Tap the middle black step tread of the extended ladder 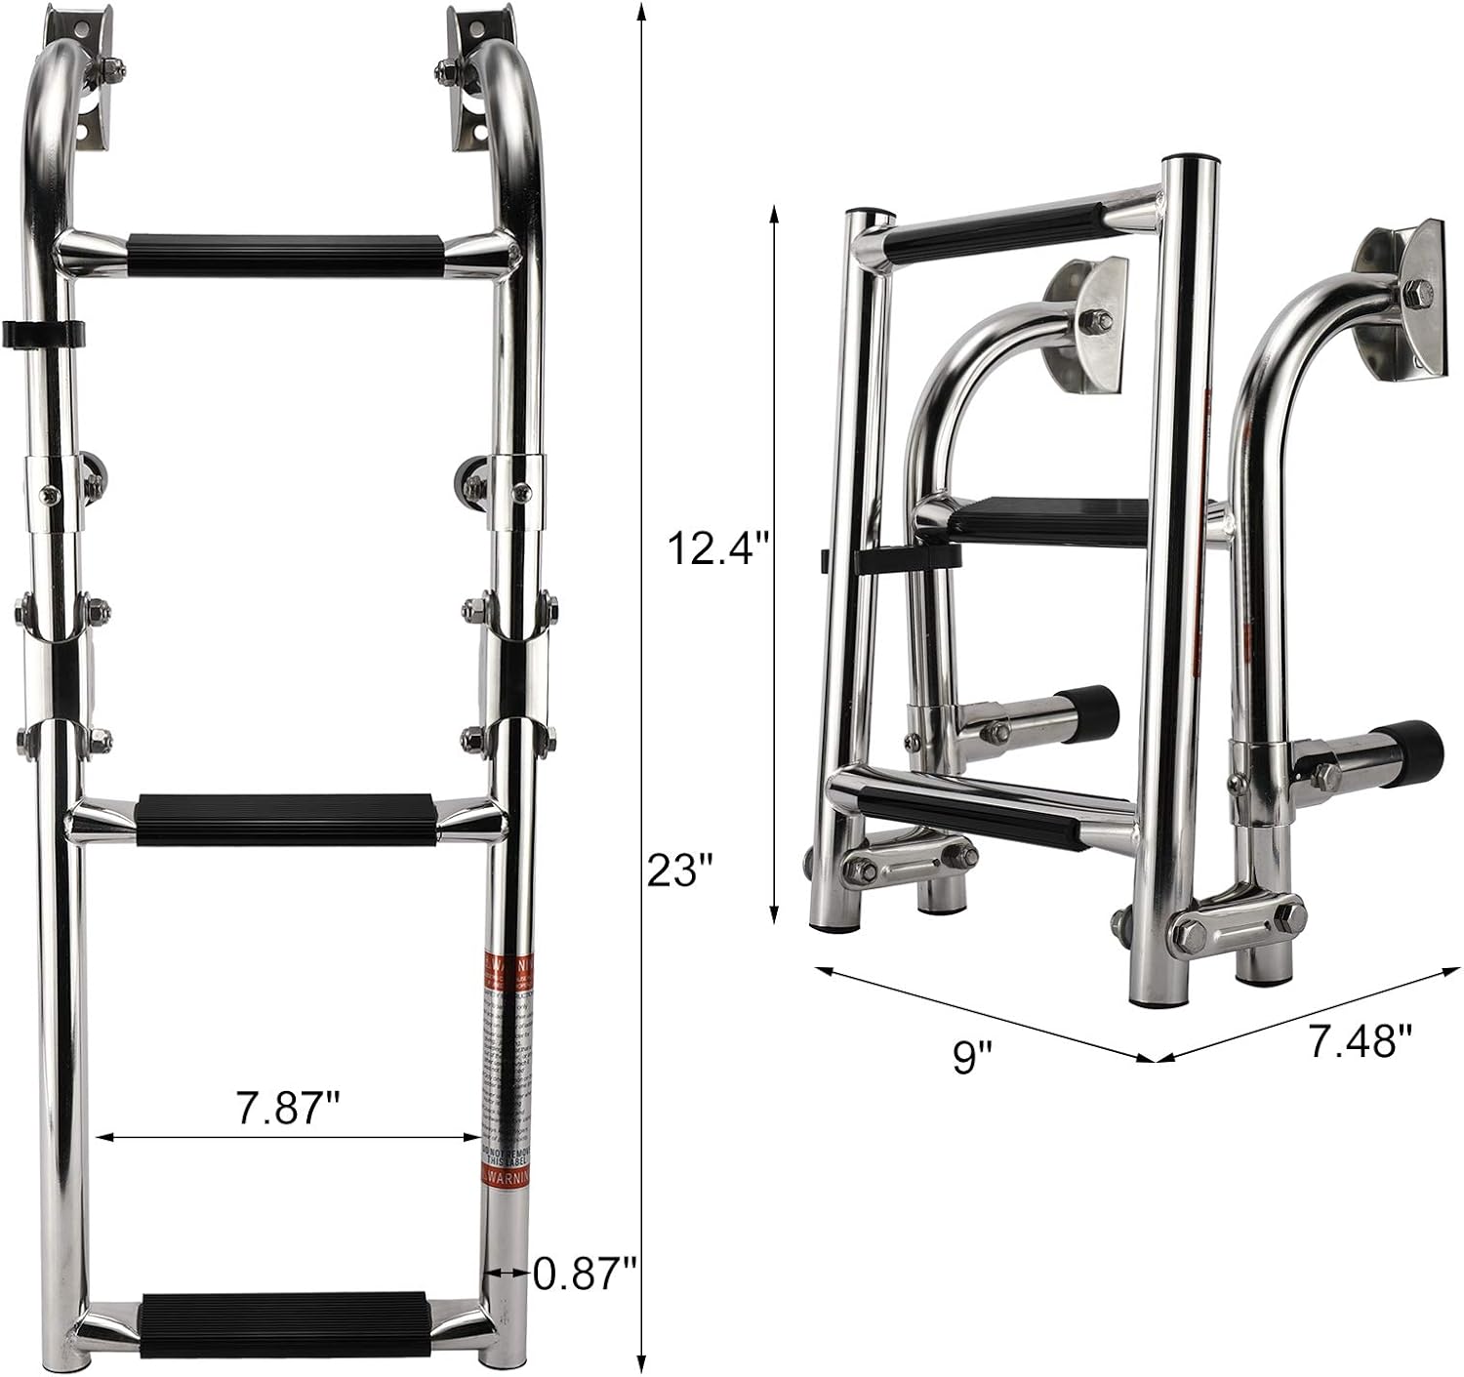[x=286, y=819]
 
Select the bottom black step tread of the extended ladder [x=285, y=1324]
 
